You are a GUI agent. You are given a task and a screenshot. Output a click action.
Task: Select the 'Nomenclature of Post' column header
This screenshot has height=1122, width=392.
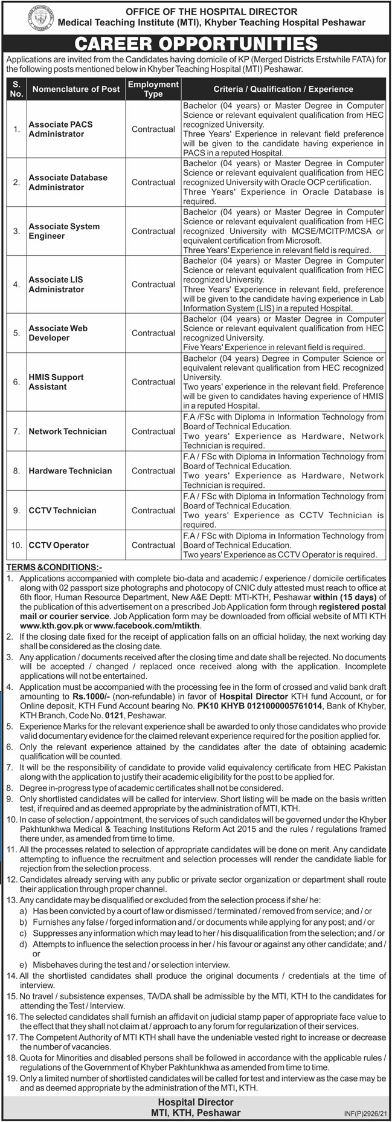point(76,89)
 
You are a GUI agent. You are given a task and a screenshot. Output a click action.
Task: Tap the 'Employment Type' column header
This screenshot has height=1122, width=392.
point(153,89)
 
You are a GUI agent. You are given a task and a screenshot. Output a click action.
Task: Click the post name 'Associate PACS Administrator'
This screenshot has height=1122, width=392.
point(60,129)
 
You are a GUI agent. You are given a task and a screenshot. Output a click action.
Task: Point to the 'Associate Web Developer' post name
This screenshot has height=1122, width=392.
point(58,333)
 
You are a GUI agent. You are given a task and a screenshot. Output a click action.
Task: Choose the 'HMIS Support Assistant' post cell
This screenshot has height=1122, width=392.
point(56,382)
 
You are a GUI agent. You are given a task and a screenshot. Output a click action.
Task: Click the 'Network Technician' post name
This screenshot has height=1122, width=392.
point(68,432)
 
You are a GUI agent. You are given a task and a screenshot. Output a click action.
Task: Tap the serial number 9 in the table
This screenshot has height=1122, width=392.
point(16,510)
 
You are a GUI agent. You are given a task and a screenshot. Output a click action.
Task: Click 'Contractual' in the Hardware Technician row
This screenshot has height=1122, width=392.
point(153,471)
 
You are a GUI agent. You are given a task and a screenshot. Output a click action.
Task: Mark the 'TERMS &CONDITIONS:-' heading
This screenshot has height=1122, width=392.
point(54,568)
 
